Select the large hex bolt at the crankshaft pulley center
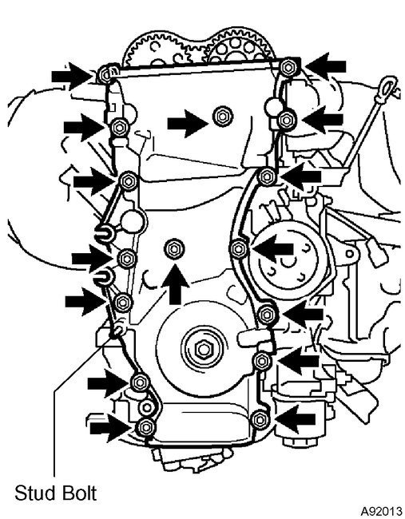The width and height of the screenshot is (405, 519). [200, 349]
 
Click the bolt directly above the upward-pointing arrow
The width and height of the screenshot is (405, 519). [172, 251]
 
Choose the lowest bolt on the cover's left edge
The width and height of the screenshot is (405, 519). [145, 430]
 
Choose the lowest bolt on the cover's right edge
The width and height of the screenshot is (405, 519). [257, 419]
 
